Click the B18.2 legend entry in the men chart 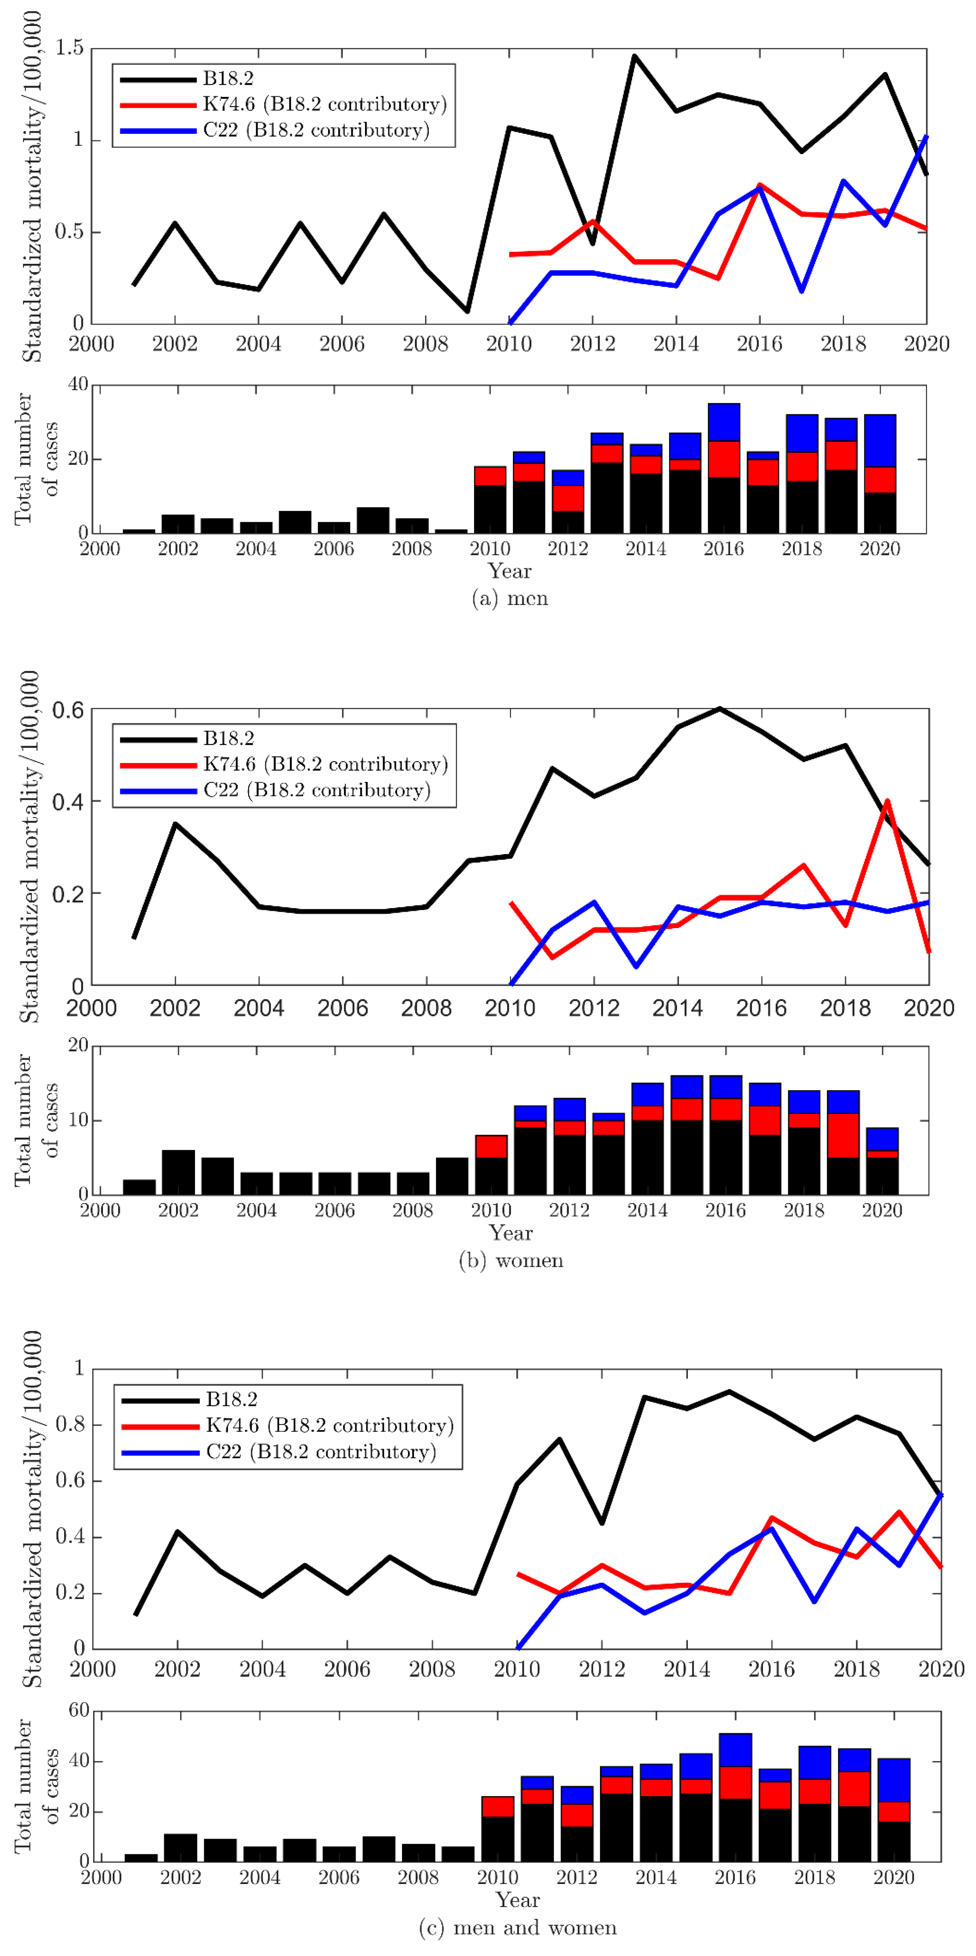click(228, 78)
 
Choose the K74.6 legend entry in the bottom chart click(329, 1425)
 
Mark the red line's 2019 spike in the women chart click(887, 801)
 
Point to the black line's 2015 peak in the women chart click(719, 709)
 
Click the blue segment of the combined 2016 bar click(735, 1750)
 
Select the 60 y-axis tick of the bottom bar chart click(79, 1710)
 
